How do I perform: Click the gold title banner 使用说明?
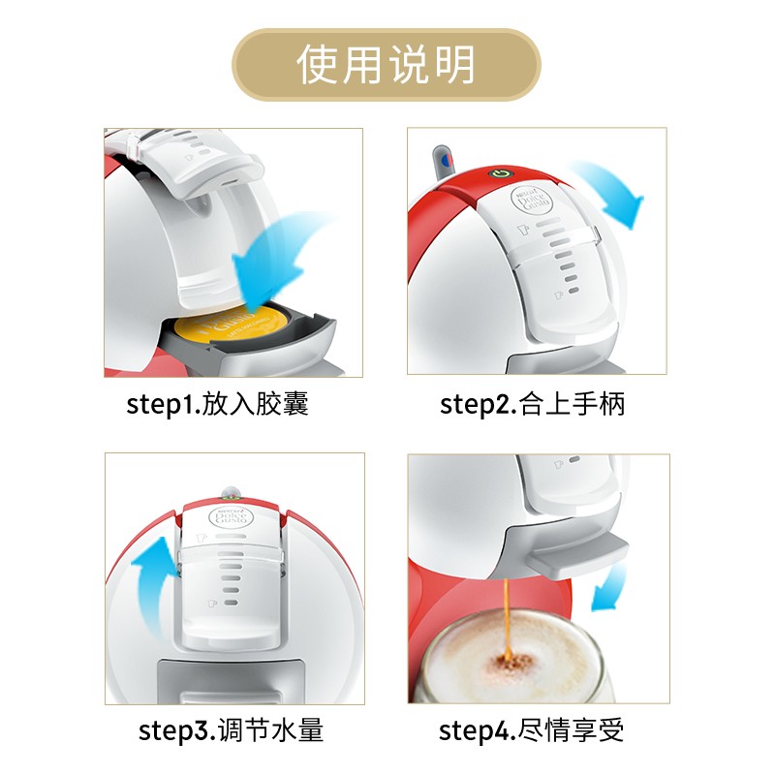387,65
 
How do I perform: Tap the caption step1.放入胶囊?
217,404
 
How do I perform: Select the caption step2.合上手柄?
532,404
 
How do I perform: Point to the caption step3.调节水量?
231,730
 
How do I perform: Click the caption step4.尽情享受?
531,730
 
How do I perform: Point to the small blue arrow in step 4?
608,588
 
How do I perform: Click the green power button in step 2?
501,174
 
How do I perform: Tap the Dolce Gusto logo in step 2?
531,201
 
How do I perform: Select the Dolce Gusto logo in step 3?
231,516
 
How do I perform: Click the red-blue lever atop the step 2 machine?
444,162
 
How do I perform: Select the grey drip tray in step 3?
231,681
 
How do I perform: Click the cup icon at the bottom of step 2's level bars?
558,295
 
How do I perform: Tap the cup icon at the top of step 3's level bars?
201,538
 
